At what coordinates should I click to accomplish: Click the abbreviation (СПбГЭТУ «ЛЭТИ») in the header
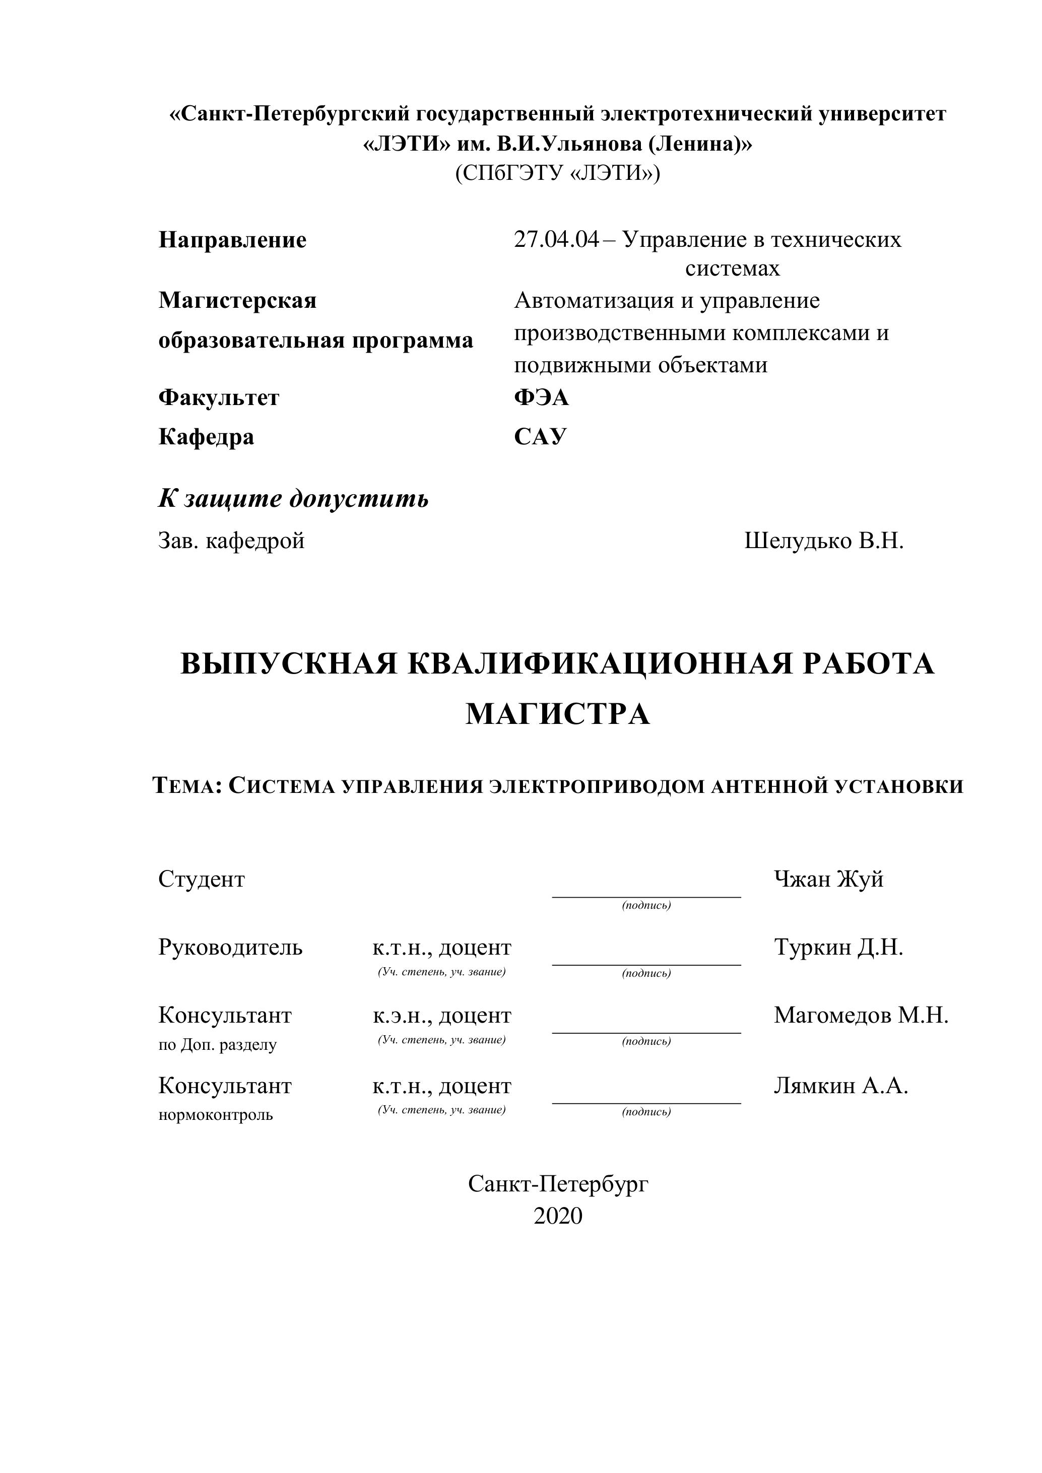pyautogui.click(x=558, y=173)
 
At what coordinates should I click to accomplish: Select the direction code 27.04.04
pyautogui.click(x=556, y=240)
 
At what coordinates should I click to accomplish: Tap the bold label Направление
pyautogui.click(x=232, y=240)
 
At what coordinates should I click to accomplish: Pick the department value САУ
pyautogui.click(x=540, y=437)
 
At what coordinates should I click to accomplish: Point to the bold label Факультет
pyautogui.click(x=219, y=398)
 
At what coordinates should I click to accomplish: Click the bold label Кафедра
pyautogui.click(x=206, y=437)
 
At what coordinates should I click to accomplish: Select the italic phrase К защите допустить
pyautogui.click(x=293, y=499)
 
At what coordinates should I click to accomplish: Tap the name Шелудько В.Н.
pyautogui.click(x=824, y=541)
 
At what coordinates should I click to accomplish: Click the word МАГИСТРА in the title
pyautogui.click(x=558, y=714)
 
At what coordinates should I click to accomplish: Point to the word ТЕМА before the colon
pyautogui.click(x=185, y=786)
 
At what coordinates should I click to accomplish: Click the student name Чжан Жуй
pyautogui.click(x=828, y=879)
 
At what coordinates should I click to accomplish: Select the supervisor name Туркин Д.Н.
pyautogui.click(x=838, y=947)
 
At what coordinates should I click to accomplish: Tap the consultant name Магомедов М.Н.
pyautogui.click(x=861, y=1015)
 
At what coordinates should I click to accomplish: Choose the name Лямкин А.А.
pyautogui.click(x=840, y=1086)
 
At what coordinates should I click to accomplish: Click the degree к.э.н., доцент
pyautogui.click(x=442, y=1016)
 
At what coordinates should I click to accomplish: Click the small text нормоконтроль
pyautogui.click(x=216, y=1114)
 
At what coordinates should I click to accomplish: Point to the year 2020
pyautogui.click(x=558, y=1216)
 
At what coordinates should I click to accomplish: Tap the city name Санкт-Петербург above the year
pyautogui.click(x=558, y=1184)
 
